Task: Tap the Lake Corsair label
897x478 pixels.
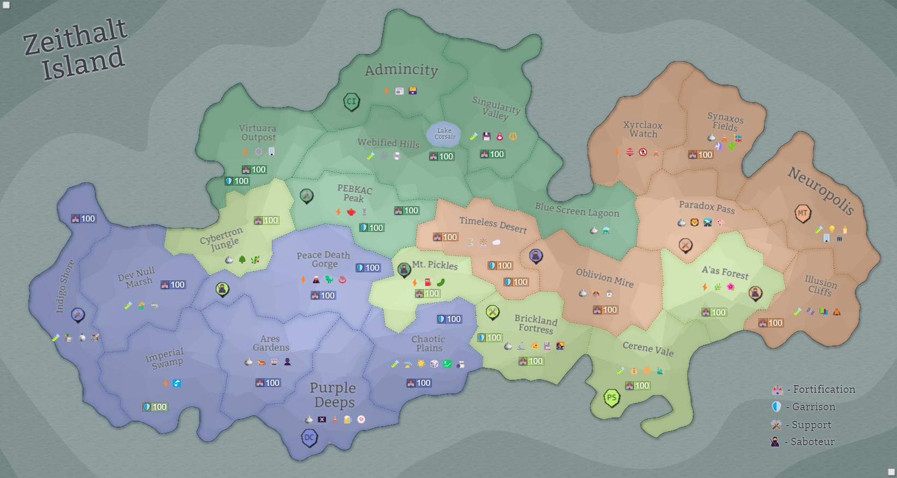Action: pos(444,134)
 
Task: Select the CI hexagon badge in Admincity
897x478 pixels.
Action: pos(351,101)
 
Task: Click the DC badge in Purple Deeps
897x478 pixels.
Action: pos(310,438)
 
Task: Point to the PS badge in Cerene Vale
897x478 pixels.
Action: pos(611,398)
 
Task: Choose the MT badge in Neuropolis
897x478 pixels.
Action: pos(802,213)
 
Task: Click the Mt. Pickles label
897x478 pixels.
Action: pos(435,265)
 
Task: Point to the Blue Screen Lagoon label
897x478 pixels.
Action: pos(577,210)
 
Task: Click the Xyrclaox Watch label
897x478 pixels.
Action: pos(643,129)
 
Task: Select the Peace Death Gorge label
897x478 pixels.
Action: pos(323,259)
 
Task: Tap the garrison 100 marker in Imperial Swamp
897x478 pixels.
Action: pos(155,407)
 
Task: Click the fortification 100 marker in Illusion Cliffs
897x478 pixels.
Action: pos(771,323)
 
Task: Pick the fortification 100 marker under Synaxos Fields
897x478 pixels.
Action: pos(700,155)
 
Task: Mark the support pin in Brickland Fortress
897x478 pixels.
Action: pos(492,312)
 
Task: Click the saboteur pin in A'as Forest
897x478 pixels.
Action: pos(755,293)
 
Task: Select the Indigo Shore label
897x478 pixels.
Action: pos(64,286)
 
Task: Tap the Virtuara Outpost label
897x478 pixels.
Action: pos(258,133)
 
